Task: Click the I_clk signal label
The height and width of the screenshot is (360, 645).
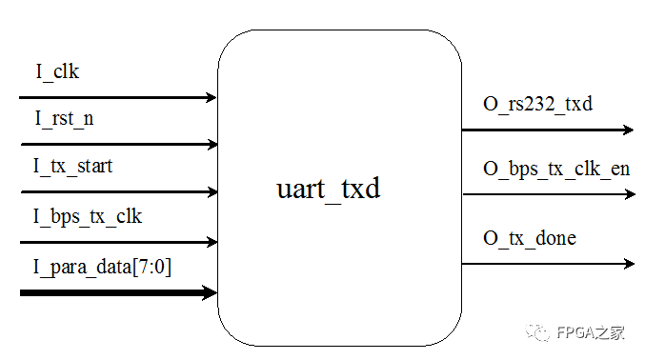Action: (64, 70)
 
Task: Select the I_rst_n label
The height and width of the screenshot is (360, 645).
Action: (65, 119)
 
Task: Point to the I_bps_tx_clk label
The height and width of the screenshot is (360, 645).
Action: (89, 216)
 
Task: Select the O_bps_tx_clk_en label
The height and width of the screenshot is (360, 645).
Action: (556, 170)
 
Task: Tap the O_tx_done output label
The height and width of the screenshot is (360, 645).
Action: (530, 237)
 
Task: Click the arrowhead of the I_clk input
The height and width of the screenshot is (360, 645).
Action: (211, 97)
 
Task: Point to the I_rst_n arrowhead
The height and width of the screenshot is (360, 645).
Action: (211, 145)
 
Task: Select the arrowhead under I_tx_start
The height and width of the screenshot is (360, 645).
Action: (211, 191)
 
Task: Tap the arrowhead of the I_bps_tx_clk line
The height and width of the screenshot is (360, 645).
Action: (211, 242)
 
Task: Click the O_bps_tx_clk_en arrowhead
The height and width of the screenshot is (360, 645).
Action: (628, 195)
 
